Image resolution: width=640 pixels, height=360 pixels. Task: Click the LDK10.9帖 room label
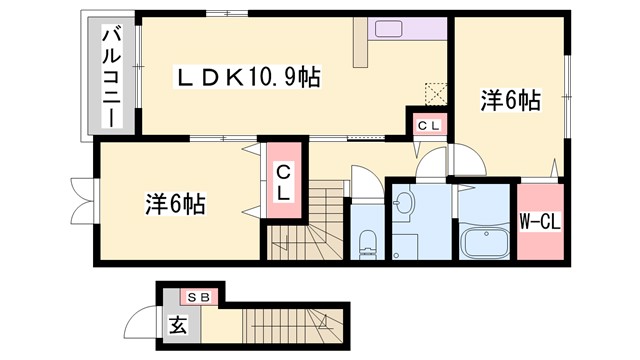click(248, 78)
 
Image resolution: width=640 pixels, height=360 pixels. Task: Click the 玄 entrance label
click(177, 325)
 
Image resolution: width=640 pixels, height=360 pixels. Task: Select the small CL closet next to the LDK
click(428, 125)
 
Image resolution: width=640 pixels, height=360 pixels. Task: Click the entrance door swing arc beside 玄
click(138, 326)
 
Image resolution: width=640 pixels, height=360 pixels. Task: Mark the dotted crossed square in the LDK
click(436, 93)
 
